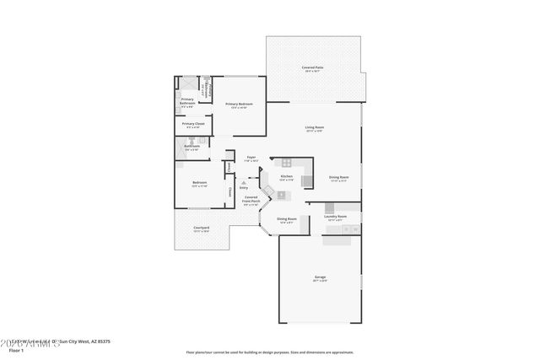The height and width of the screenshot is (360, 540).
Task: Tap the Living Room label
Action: point(314,127)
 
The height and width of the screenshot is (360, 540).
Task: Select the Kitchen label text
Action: point(286,176)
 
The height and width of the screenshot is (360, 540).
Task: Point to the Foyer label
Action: point(251,157)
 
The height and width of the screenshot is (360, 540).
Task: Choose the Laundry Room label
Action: point(335,217)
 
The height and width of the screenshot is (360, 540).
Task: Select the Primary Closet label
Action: point(194,124)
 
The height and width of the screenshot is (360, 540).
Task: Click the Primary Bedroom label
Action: point(239,104)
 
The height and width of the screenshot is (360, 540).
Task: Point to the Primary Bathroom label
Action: point(187,102)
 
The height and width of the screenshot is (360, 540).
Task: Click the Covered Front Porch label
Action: point(251,200)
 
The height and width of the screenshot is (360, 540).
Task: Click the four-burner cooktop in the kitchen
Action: point(286,163)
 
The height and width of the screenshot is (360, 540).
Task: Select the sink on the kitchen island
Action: point(281,195)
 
